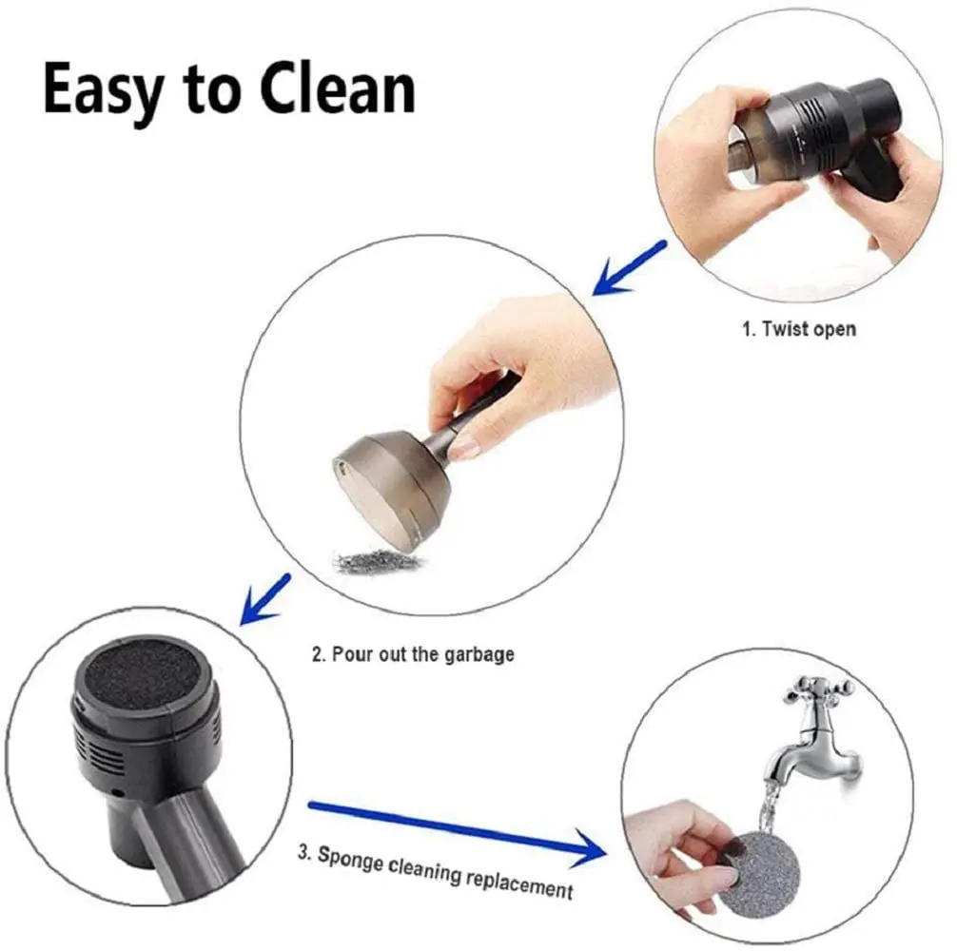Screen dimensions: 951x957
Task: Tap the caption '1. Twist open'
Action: pyautogui.click(x=798, y=329)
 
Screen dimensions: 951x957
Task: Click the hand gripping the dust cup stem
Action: pyautogui.click(x=495, y=371)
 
